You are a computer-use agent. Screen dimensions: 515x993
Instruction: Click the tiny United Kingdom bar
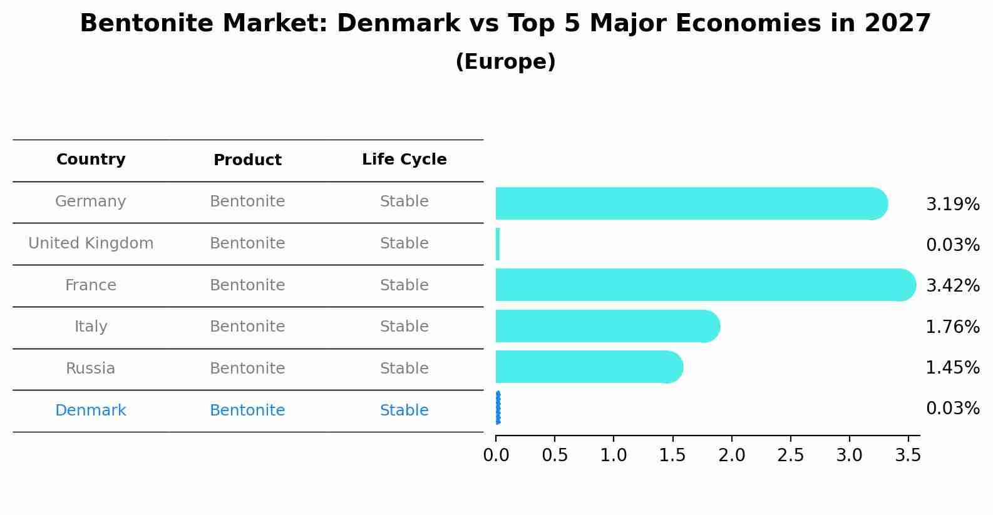498,244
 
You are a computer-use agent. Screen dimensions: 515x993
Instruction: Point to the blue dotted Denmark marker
498,408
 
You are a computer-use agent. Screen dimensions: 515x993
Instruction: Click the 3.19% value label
952,205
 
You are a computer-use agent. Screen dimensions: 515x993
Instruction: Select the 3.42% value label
952,286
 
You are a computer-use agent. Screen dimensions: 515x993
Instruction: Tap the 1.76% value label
952,327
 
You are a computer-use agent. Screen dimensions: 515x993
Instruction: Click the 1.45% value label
952,368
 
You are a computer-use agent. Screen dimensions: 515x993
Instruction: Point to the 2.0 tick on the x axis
731,456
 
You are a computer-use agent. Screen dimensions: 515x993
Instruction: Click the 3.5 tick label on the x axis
908,456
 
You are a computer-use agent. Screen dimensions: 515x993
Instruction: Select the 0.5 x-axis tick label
555,456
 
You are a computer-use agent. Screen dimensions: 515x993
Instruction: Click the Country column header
91,160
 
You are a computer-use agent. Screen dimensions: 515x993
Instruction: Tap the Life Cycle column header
404,160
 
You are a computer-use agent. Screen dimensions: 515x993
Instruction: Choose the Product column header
247,160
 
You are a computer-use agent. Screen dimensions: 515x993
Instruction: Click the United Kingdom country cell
91,243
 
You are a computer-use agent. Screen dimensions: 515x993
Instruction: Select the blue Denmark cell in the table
91,410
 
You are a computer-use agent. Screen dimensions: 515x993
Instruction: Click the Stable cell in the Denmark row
404,410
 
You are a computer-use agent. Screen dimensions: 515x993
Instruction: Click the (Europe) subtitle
505,62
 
